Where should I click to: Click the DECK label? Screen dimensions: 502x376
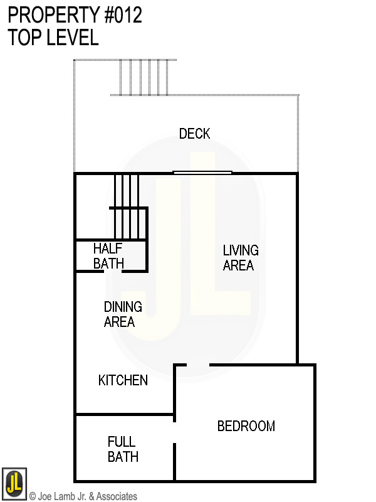pos(194,134)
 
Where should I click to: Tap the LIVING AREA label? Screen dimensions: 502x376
pos(240,258)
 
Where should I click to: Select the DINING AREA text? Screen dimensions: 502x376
pos(122,314)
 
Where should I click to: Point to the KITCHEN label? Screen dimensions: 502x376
pos(123,380)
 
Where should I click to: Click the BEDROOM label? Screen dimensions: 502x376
pos(246,427)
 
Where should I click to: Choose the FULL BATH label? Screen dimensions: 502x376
pos(122,449)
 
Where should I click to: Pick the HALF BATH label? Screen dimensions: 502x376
pos(108,255)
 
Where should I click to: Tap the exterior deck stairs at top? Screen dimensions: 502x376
pos(144,77)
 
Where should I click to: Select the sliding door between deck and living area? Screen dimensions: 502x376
pos(202,173)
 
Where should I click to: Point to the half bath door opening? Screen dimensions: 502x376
pos(112,271)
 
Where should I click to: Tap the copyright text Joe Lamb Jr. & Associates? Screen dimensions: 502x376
pos(83,496)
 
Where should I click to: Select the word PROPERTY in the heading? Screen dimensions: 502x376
pos(50,15)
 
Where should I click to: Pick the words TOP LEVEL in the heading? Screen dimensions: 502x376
pos(53,38)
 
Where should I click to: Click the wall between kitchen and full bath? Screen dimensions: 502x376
pos(124,415)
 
